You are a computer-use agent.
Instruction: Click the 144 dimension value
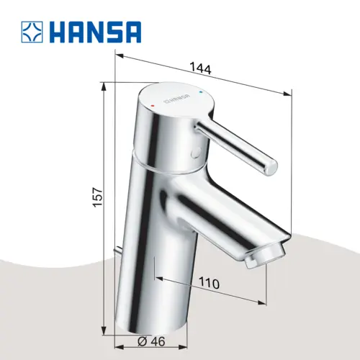(x=200, y=68)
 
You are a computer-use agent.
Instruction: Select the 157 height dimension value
(x=98, y=197)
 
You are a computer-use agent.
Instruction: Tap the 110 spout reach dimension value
(x=210, y=284)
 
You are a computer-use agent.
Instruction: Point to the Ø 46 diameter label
(x=151, y=341)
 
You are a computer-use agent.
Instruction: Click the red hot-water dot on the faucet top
(x=153, y=105)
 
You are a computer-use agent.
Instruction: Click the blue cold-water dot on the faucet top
(x=201, y=92)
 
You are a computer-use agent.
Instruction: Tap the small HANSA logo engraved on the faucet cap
(x=176, y=99)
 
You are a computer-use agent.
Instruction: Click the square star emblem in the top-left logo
(x=32, y=32)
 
